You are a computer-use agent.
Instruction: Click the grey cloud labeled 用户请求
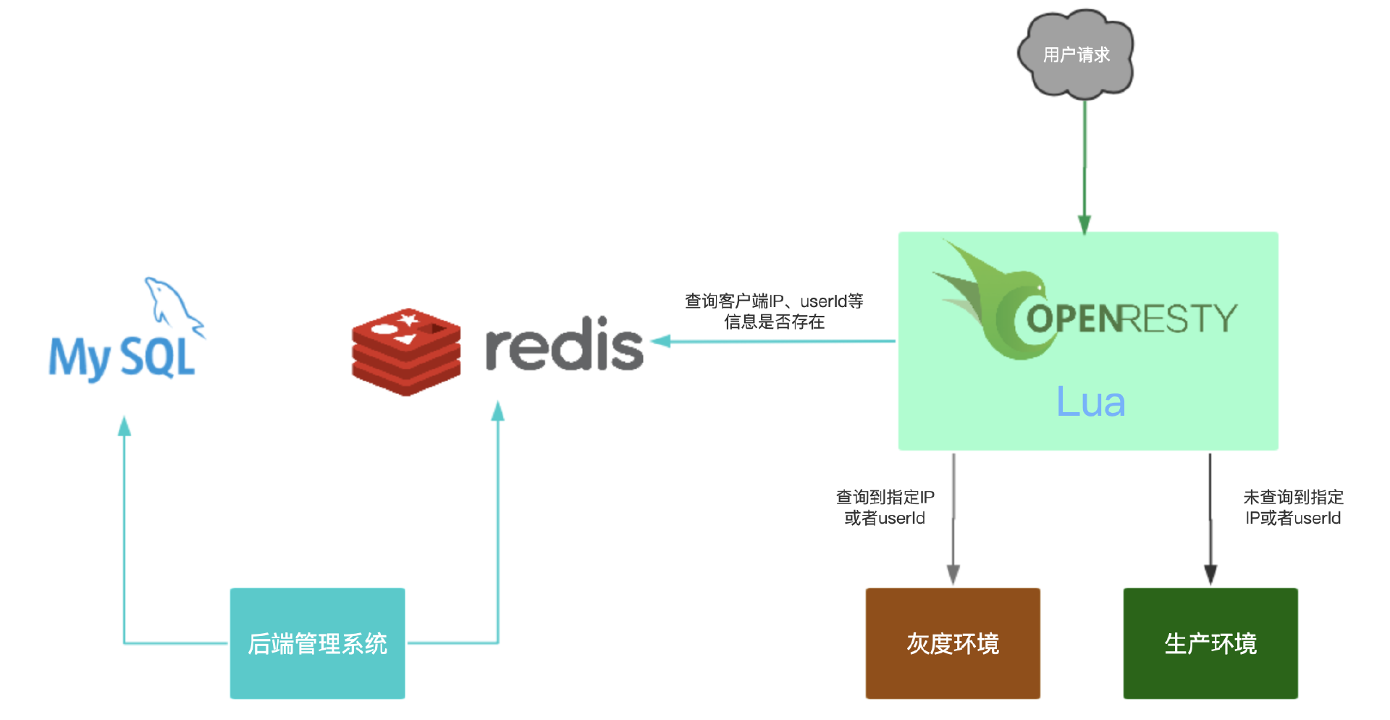click(x=1076, y=54)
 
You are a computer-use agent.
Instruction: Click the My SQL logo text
click(x=122, y=358)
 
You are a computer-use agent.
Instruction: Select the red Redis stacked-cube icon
click(x=406, y=352)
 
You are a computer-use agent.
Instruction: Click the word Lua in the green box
click(x=1090, y=402)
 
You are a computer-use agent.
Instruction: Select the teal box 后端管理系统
click(x=317, y=643)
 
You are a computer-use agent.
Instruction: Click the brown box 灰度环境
click(x=953, y=643)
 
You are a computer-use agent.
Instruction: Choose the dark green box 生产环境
click(x=1210, y=643)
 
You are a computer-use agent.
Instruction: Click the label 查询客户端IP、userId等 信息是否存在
click(x=774, y=311)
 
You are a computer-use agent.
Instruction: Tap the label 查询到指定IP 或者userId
click(x=885, y=507)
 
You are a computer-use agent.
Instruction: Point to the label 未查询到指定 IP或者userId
click(x=1293, y=507)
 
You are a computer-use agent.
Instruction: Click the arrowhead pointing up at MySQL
click(x=125, y=427)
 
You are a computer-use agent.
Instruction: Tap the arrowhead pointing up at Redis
click(x=498, y=412)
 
